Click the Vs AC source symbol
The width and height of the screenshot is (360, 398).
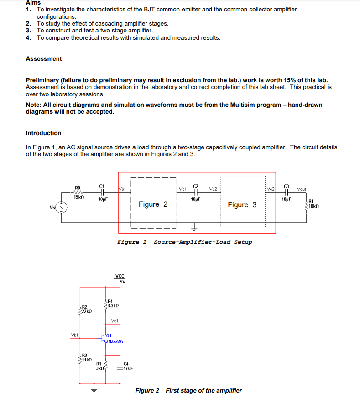[x=62, y=208]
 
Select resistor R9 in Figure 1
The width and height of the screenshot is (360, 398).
[x=78, y=192]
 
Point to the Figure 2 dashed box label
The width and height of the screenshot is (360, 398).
[x=153, y=204]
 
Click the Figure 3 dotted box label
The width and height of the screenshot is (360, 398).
[x=242, y=205]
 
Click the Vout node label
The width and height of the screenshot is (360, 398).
[x=302, y=189]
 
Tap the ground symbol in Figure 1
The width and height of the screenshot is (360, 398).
[x=195, y=227]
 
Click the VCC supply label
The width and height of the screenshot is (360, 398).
[x=120, y=276]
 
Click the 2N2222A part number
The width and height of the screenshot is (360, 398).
[x=115, y=341]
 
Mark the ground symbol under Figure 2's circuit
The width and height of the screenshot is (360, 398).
[x=94, y=389]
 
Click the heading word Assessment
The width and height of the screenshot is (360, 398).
[x=44, y=59]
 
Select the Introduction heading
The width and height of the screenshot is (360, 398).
[x=43, y=133]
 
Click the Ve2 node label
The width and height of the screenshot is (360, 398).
[x=271, y=189]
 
